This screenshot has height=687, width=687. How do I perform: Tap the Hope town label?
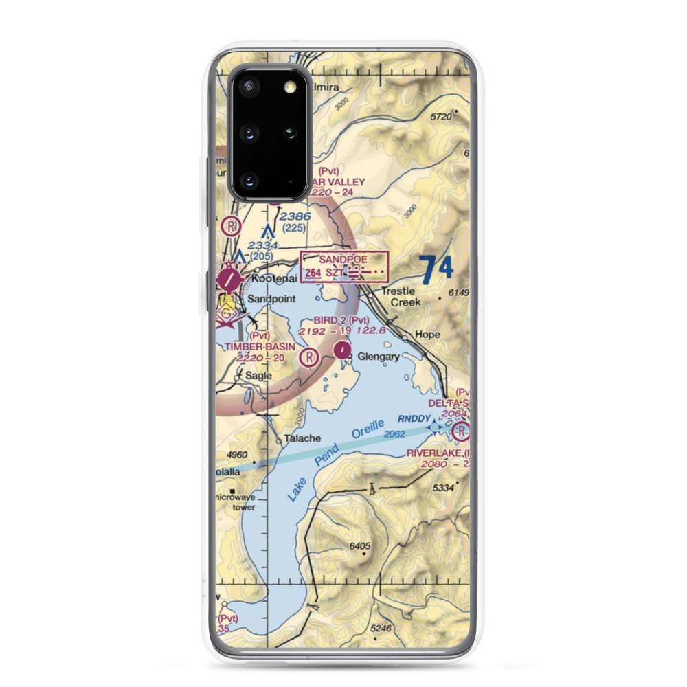tap(427, 334)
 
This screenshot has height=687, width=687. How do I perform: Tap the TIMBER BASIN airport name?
tap(260, 347)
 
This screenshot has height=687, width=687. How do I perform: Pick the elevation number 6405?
tap(360, 546)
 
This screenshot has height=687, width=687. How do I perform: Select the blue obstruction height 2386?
tap(296, 216)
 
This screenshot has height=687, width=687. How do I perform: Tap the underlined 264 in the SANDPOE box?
tap(313, 273)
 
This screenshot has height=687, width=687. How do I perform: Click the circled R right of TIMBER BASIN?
tap(310, 357)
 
